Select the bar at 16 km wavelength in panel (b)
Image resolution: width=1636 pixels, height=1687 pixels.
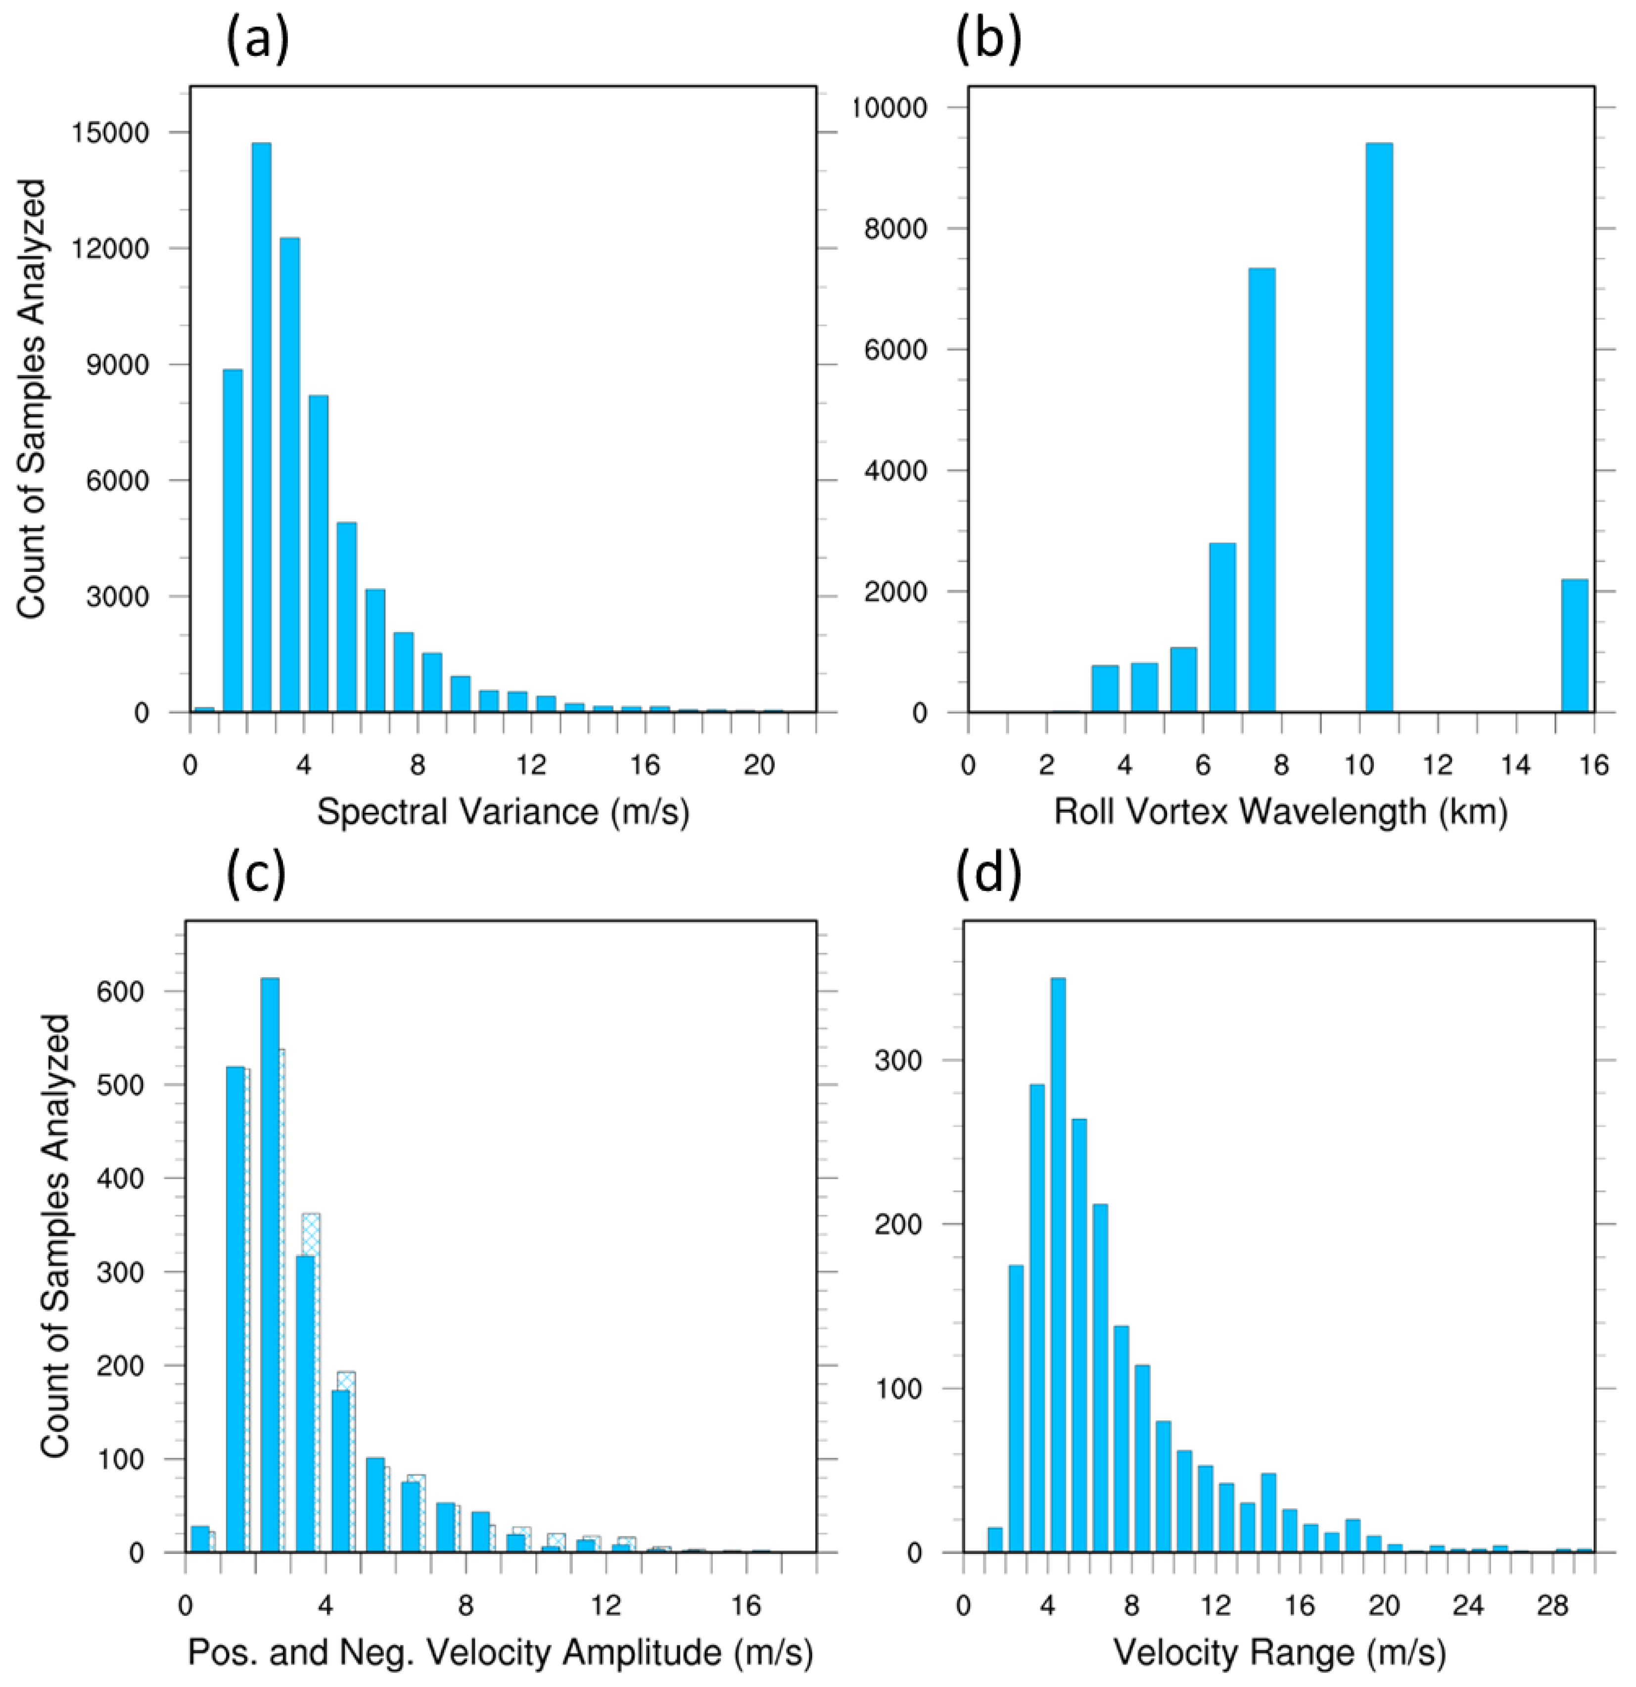click(1574, 646)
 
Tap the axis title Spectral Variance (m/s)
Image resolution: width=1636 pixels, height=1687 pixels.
click(504, 812)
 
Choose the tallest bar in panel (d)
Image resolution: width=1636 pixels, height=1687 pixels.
click(1058, 1265)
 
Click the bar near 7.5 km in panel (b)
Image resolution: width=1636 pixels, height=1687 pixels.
click(1262, 491)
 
